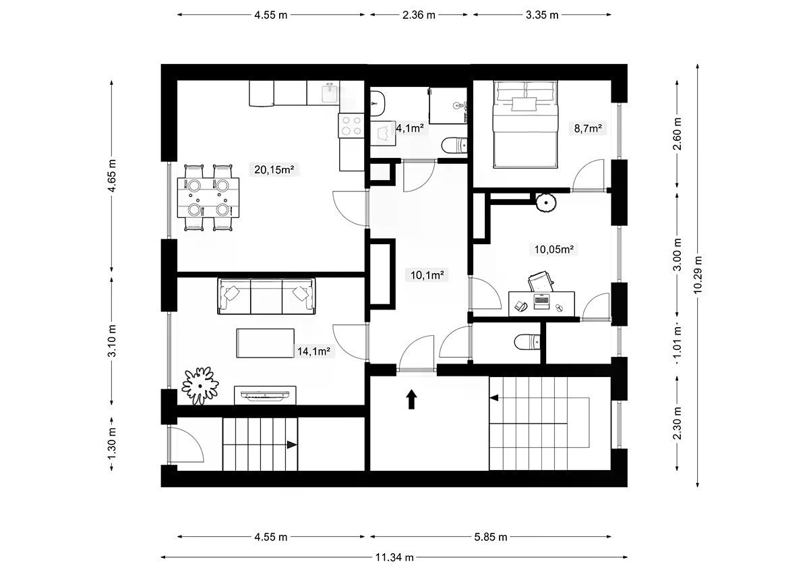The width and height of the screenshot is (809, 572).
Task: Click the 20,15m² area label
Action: (274, 169)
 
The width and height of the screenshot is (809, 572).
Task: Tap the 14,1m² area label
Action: (313, 351)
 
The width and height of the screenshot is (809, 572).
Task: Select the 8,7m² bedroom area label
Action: (588, 128)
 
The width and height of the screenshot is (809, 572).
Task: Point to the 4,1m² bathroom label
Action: (410, 128)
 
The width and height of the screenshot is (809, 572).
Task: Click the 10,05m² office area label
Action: (554, 250)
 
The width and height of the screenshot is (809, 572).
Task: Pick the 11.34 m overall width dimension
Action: (394, 557)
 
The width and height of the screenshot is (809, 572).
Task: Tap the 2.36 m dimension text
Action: (419, 15)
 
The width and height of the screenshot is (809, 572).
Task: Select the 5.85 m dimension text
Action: (491, 537)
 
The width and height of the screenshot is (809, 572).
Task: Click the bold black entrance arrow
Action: (411, 399)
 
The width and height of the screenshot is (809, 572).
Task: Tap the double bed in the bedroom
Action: (525, 125)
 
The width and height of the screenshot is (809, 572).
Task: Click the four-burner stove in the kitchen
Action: (351, 125)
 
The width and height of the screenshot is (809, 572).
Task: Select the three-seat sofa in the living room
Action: (266, 296)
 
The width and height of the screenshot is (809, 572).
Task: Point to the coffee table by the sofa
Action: (265, 343)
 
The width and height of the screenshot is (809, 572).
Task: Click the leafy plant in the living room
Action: (200, 386)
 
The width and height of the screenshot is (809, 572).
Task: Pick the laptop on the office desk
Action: (541, 302)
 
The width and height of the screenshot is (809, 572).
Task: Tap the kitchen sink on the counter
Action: (330, 92)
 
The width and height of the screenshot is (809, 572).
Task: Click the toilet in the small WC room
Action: (527, 343)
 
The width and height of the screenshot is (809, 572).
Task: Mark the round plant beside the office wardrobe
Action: (545, 203)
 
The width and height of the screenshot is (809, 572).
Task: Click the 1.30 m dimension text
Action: (112, 443)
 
